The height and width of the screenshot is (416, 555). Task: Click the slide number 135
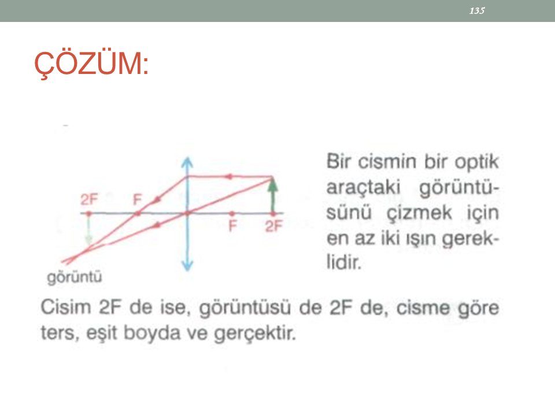coord(477,10)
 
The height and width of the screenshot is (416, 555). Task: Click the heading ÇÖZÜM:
coord(91,64)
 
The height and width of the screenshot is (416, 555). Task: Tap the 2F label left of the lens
coord(89,199)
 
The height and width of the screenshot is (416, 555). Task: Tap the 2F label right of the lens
coord(274,226)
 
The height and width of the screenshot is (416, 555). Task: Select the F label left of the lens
coord(137,200)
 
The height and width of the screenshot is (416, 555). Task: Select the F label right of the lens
coord(232,226)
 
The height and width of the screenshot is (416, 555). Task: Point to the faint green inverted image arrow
coord(88,229)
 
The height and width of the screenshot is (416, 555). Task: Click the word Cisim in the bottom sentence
coord(66,307)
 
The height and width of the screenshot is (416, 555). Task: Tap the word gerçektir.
coord(255,333)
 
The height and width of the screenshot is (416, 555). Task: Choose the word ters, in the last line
coord(60,333)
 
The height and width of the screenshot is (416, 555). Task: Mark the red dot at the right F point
coord(232,214)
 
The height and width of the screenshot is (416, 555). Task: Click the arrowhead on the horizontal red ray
coord(230,176)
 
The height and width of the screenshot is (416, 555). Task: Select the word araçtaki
coord(363,187)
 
